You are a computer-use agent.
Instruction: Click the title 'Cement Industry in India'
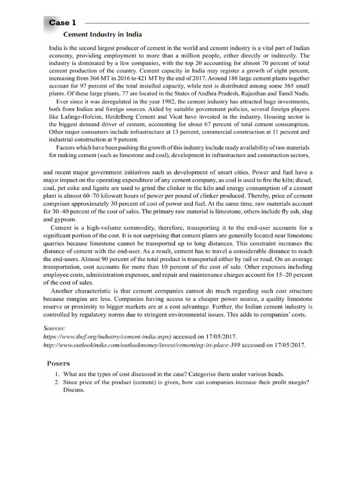[103, 35]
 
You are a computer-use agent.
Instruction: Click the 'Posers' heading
[59, 363]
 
